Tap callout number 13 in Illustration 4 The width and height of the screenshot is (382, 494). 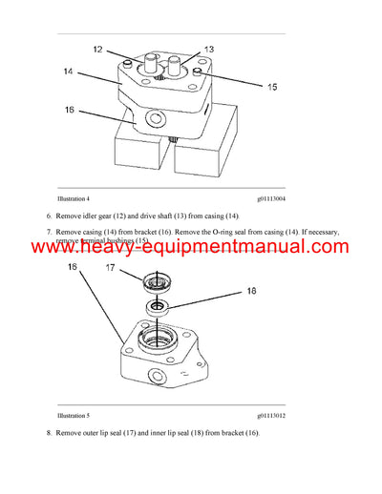pos(209,49)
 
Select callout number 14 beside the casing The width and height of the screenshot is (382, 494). pos(69,71)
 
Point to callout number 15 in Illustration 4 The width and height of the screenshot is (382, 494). pos(272,87)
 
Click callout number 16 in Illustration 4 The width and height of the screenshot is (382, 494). pos(69,111)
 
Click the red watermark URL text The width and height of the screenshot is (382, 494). pos(191,248)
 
